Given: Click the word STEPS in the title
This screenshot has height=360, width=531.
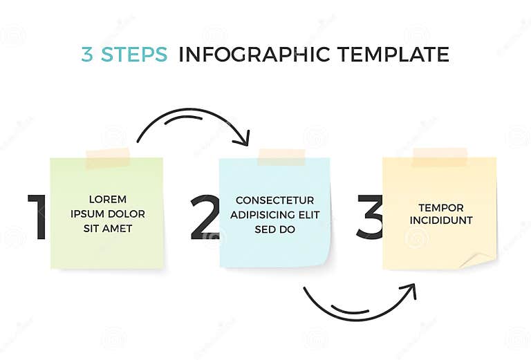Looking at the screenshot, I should point(134,55).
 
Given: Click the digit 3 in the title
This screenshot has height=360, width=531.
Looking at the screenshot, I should point(87,55).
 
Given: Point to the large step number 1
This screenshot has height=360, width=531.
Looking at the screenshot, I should point(37,217).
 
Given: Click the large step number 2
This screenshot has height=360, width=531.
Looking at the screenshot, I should point(204,218).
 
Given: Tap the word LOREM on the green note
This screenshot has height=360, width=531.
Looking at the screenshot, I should point(107,200).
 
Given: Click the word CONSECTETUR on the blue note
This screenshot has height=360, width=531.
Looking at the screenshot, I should point(274,200).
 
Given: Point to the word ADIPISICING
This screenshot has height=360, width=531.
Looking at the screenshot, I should point(262,214).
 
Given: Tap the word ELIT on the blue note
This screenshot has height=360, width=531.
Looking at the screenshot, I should point(308,214).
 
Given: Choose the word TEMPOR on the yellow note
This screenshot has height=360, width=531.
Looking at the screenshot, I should point(440,207).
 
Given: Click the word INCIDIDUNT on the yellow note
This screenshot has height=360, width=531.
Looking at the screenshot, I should point(440,220).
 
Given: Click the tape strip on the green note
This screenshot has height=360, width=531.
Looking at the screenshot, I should point(108,158).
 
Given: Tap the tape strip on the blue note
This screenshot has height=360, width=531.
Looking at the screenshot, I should point(281,157).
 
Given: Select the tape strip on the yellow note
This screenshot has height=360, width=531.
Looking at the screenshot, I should point(439,156).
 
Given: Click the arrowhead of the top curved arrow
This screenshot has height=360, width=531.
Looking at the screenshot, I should point(243,140).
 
